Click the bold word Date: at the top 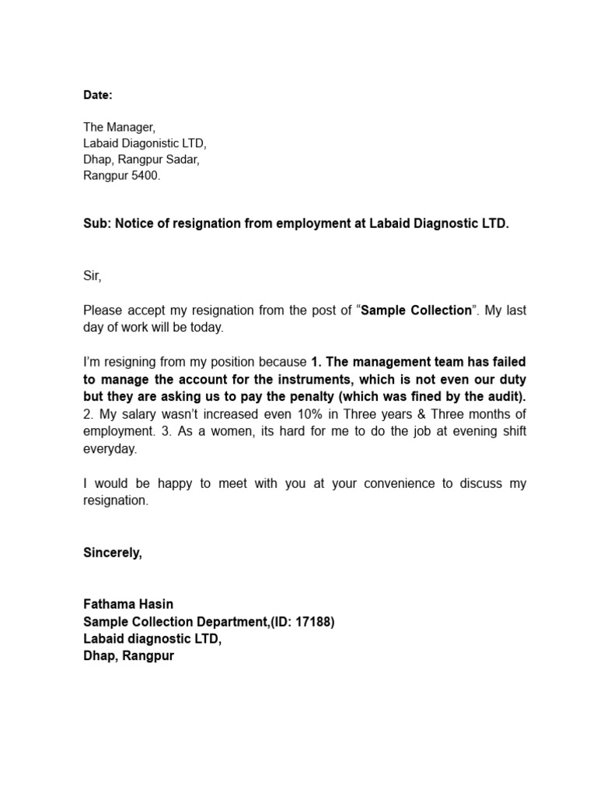[x=98, y=95]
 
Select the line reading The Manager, [x=120, y=126]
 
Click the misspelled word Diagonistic [x=153, y=143]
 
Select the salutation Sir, [x=93, y=276]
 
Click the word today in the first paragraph [x=205, y=328]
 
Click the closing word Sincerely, [x=113, y=553]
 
